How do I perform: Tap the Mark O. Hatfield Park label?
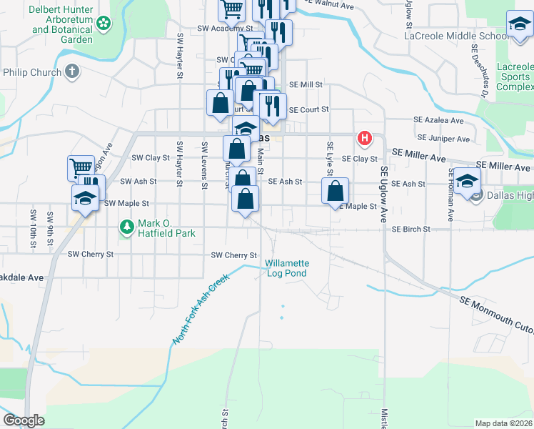[x=166, y=228]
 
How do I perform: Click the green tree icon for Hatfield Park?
[x=127, y=227]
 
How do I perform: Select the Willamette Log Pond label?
[x=286, y=268]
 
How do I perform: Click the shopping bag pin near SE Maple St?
[x=335, y=191]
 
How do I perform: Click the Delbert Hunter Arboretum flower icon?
[x=104, y=23]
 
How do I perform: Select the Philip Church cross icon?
[x=71, y=71]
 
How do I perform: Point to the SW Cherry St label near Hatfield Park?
[x=91, y=254]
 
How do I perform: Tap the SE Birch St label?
[x=410, y=230]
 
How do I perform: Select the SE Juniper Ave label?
[x=443, y=138]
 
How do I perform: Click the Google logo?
[x=24, y=420]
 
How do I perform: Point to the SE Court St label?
[x=308, y=109]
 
